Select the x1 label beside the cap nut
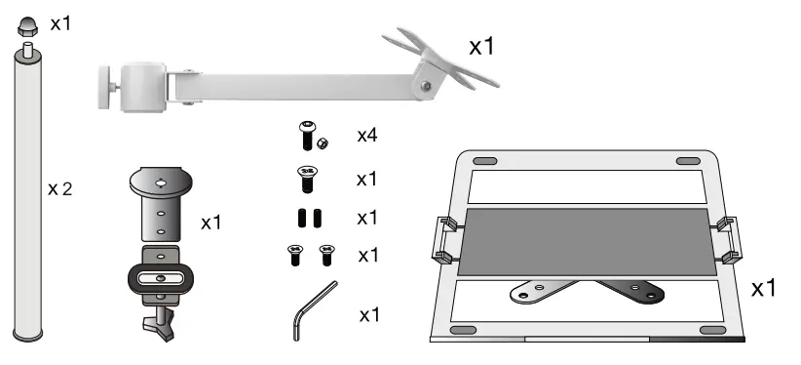coord(60,21)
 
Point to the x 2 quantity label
coord(60,188)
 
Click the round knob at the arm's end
coord(103,76)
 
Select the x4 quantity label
coord(366,137)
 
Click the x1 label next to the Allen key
coord(368,315)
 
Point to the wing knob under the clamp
coord(159,323)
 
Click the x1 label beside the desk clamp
coord(211,223)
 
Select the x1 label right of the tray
coord(763,289)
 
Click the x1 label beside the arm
coord(482,46)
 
